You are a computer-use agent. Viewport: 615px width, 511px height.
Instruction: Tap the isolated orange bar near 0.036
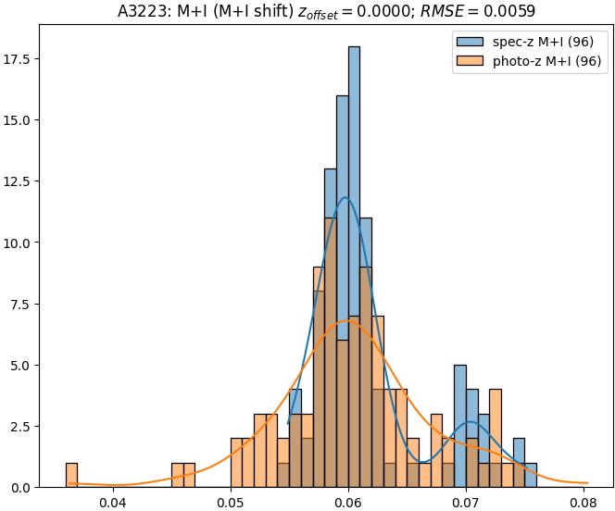pos(71,475)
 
